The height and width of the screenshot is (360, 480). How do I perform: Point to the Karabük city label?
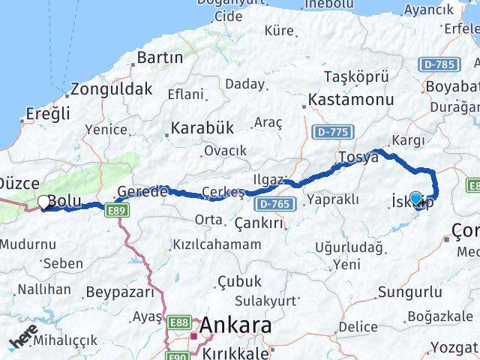pyautogui.click(x=202, y=128)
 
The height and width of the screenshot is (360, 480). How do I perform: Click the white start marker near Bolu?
pyautogui.click(x=43, y=202)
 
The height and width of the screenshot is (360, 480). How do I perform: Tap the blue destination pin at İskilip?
pyautogui.click(x=416, y=199)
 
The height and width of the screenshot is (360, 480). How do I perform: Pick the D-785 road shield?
pyautogui.click(x=437, y=64)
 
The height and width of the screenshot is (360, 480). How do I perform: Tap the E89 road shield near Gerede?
pyautogui.click(x=116, y=211)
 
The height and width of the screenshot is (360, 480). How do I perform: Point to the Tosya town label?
pyautogui.click(x=358, y=157)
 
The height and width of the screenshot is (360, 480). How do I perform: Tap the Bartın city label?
pyautogui.click(x=160, y=57)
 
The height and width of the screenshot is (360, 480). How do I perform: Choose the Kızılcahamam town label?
pyautogui.click(x=217, y=244)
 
